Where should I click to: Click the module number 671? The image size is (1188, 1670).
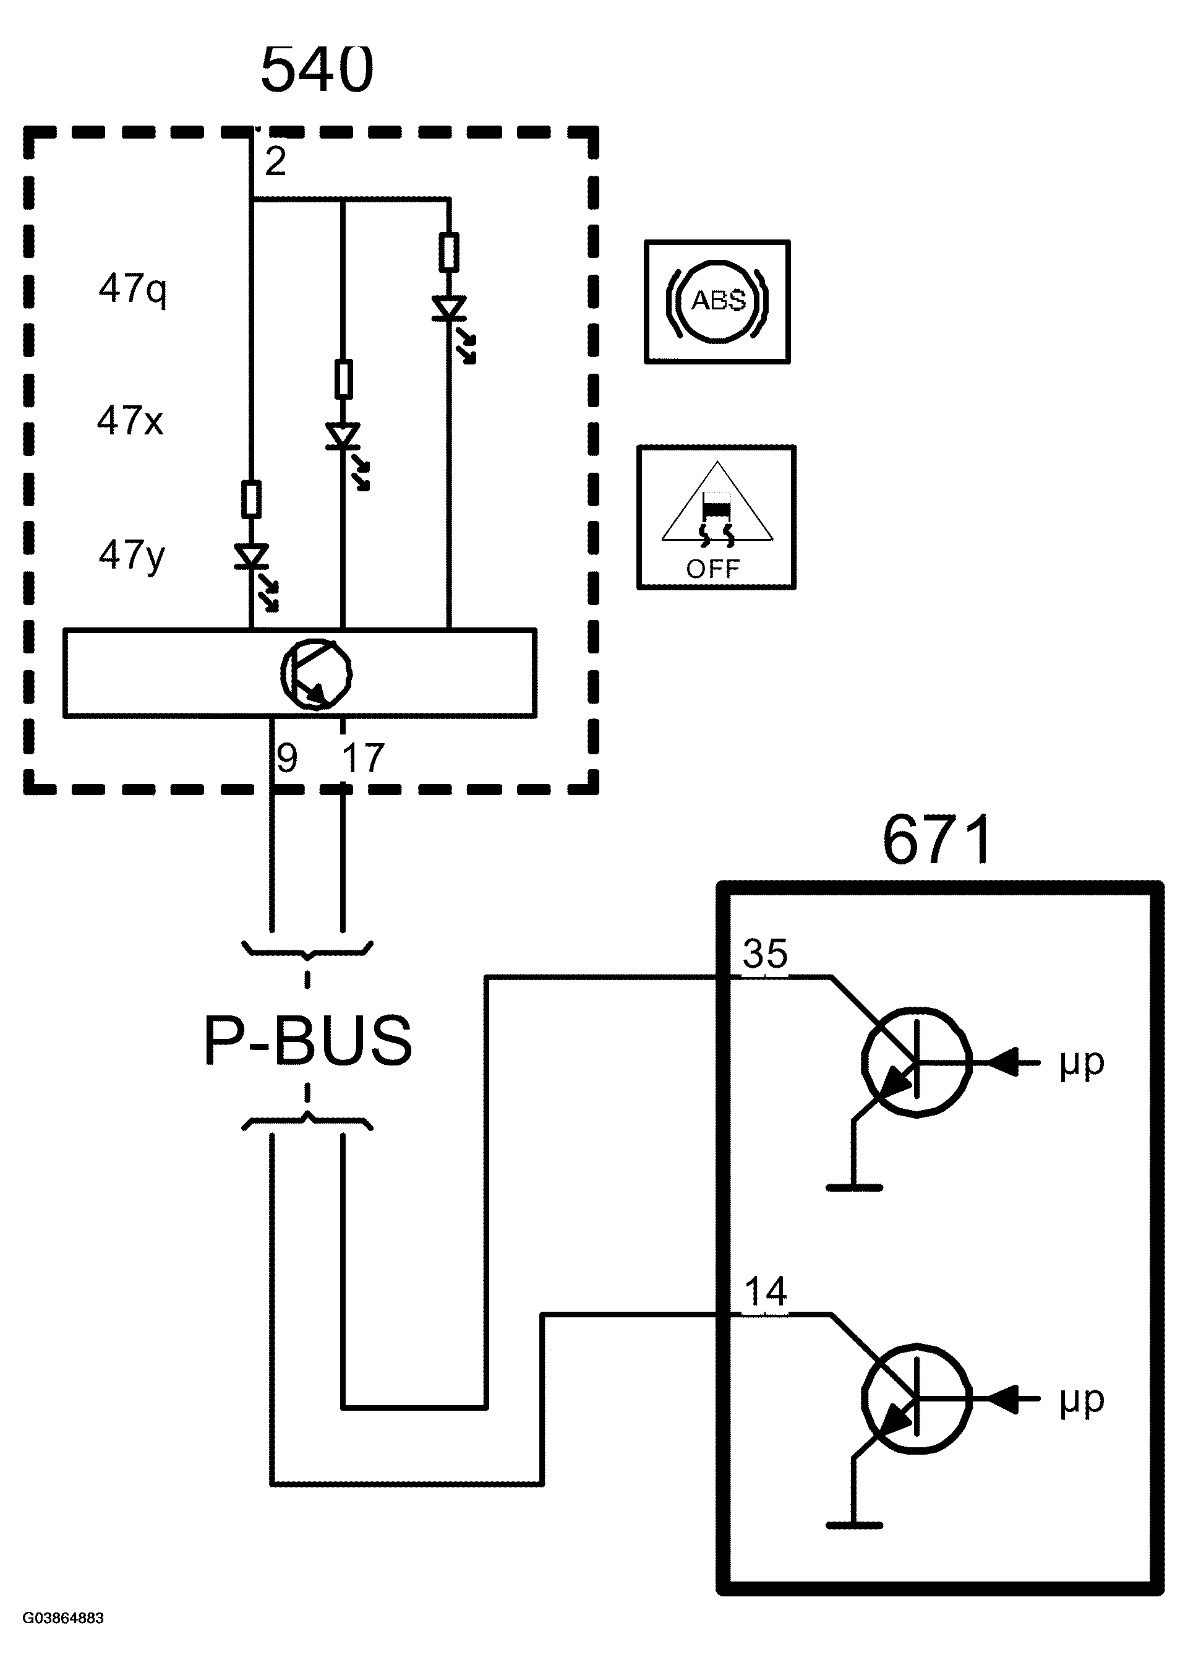937,840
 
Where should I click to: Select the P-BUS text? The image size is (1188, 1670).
307,1041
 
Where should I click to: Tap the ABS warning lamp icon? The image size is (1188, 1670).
717,301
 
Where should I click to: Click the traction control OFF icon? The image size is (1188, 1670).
716,517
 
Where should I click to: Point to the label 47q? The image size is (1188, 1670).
132,288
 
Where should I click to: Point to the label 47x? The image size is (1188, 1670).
130,421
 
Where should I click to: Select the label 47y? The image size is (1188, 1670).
132,555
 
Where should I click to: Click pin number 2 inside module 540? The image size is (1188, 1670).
275,161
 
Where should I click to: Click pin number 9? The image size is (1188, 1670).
287,758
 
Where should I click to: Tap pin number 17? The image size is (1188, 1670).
363,758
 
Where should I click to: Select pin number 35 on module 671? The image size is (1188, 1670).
765,954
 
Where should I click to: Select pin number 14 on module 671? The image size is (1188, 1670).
765,1292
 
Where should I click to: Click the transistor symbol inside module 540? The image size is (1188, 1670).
316,674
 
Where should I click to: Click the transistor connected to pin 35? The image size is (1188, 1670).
917,1062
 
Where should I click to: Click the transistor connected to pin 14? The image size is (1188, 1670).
917,1398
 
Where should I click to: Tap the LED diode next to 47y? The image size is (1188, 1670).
252,557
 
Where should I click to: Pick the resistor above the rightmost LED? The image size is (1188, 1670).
449,252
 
